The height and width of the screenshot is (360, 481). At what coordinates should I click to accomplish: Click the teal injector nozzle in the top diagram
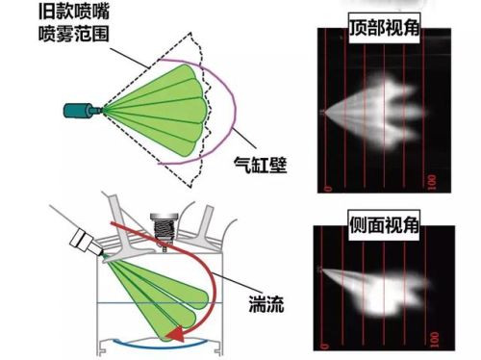coord(83,109)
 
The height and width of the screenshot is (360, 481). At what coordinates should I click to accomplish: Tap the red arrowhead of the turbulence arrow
coord(175,333)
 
